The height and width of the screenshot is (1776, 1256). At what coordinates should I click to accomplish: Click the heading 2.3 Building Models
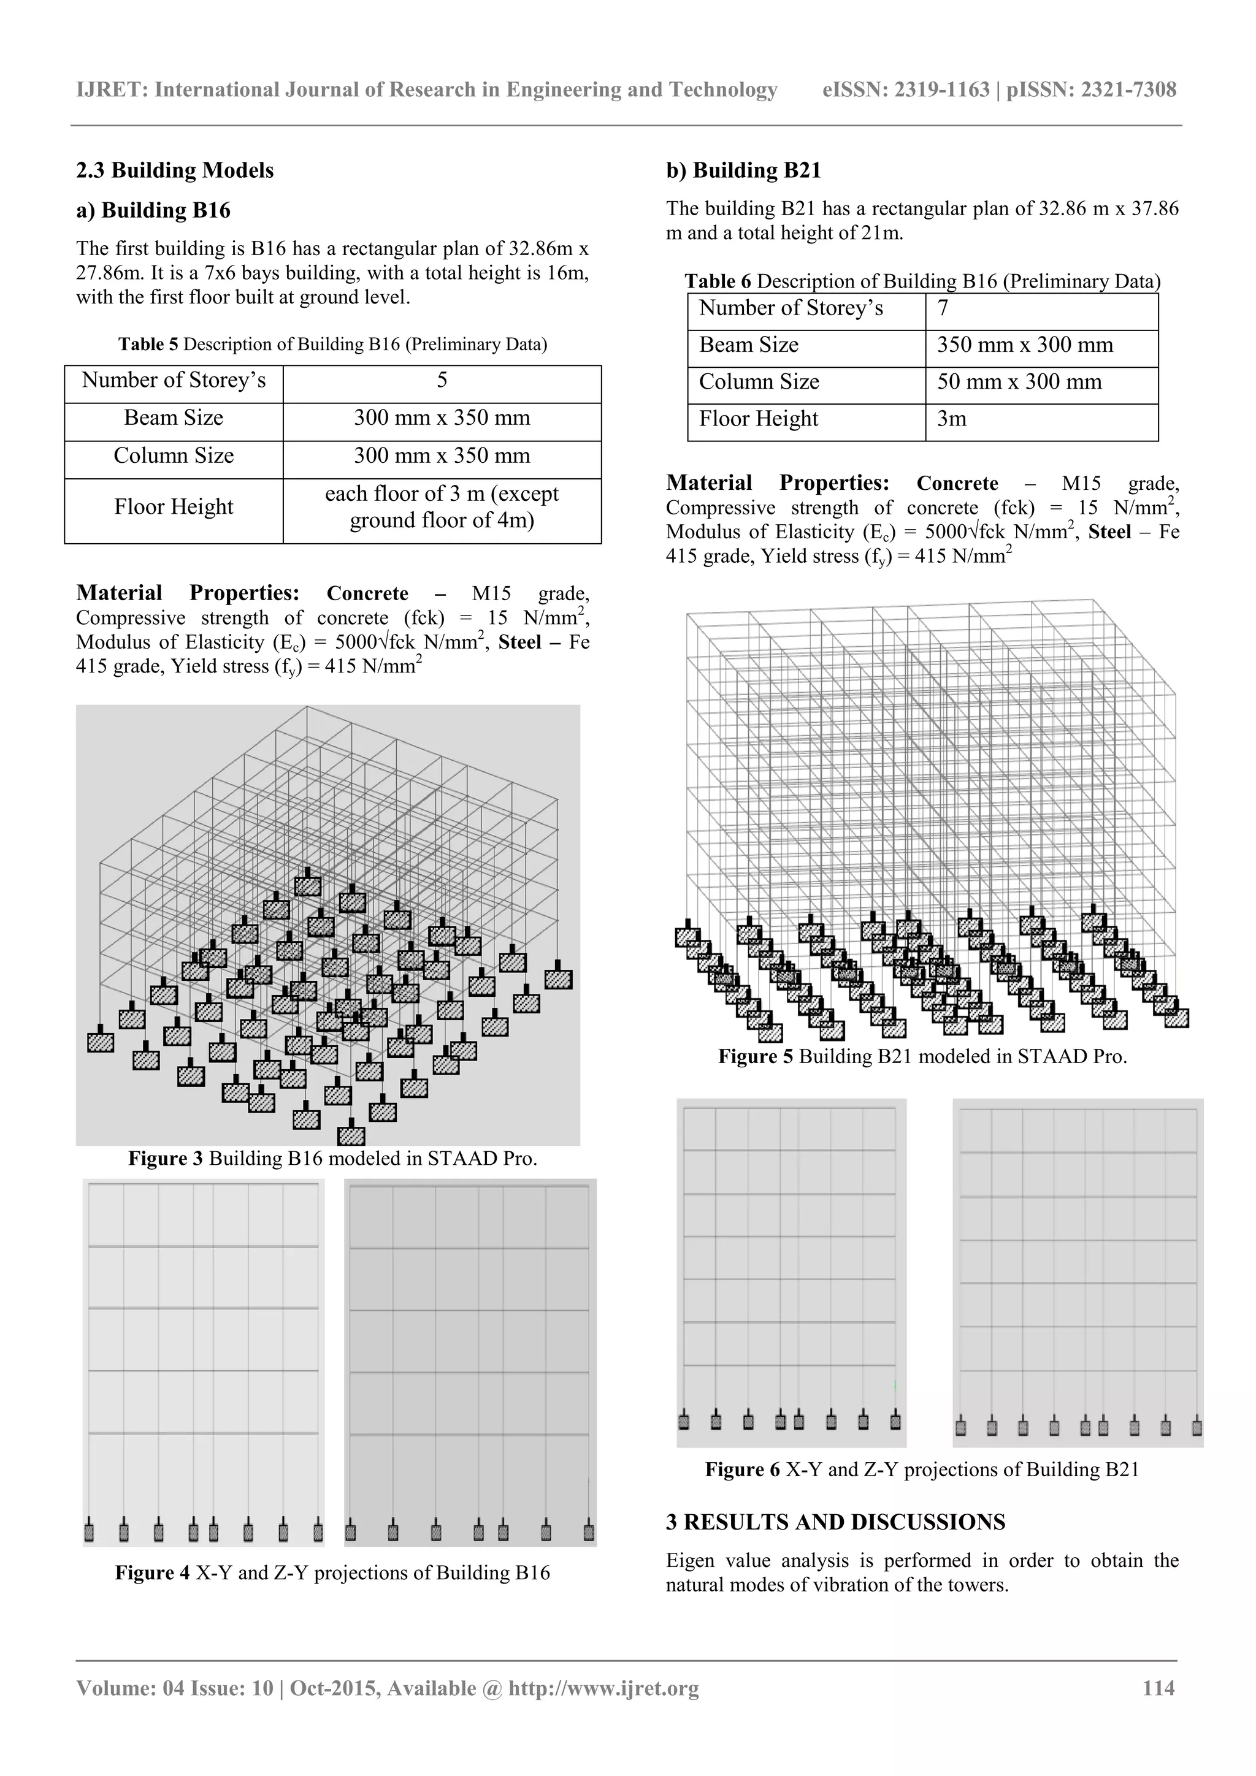(x=175, y=170)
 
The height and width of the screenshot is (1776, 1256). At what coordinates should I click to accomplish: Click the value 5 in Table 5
(x=442, y=381)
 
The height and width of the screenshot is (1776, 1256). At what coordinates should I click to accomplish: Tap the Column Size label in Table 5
(x=174, y=455)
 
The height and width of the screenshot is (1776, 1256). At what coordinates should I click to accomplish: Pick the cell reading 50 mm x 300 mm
(x=1019, y=382)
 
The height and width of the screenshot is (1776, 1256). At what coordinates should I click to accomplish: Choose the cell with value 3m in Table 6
(x=952, y=419)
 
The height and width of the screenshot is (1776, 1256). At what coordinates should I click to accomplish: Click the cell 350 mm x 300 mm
(x=1025, y=345)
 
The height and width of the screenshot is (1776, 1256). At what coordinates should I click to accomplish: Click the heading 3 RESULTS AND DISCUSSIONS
(x=835, y=1522)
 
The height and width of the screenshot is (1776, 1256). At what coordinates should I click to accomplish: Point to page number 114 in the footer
(x=1158, y=1688)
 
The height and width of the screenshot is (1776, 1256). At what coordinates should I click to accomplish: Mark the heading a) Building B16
(x=153, y=210)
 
